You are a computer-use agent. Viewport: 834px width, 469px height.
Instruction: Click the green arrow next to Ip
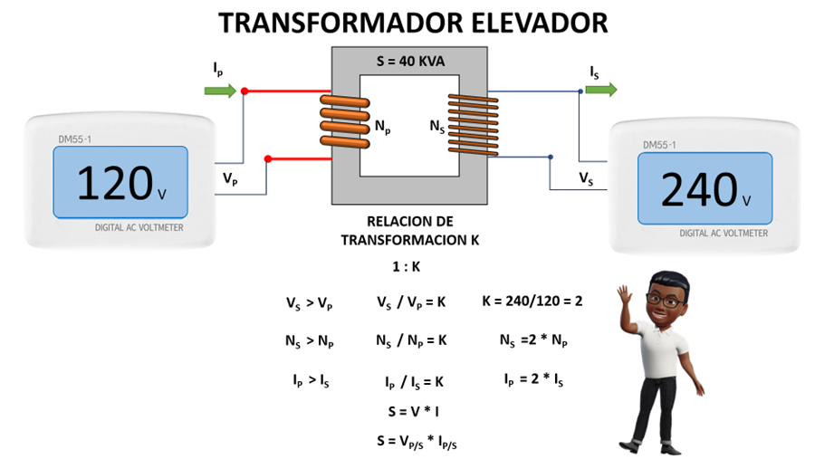[x=220, y=90]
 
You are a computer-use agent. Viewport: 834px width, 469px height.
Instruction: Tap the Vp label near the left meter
[x=231, y=179]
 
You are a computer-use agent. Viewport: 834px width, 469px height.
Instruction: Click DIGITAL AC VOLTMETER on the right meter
[x=724, y=233]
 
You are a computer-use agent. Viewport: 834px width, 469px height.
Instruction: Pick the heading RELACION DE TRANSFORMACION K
[x=409, y=230]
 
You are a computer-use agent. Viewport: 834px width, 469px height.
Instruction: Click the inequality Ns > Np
[x=309, y=341]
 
